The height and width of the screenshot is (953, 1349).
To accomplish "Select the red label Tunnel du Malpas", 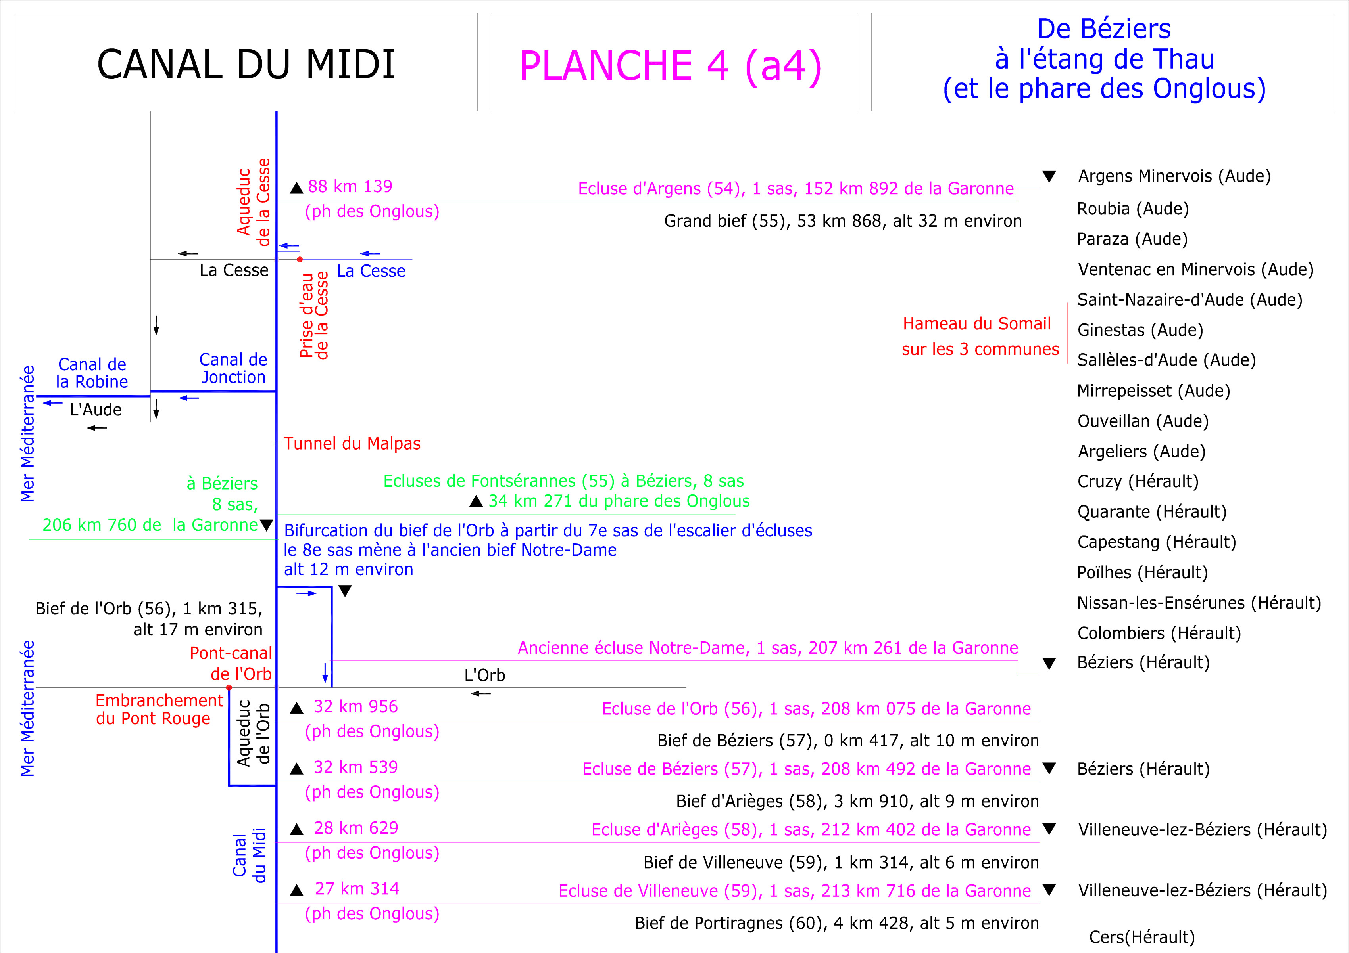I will (x=352, y=443).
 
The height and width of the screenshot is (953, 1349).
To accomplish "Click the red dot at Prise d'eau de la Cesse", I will (x=300, y=259).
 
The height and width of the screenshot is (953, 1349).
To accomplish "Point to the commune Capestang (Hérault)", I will (x=1156, y=542).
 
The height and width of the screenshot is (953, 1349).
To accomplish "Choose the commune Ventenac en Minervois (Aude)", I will (x=1195, y=270).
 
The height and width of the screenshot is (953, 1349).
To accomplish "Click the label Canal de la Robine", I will (x=92, y=373).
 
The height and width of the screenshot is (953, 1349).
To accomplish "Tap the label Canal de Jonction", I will (x=233, y=368).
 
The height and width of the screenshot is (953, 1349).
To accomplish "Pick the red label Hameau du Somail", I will (x=976, y=323).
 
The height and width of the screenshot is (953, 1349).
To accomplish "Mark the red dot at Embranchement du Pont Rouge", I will (x=229, y=687).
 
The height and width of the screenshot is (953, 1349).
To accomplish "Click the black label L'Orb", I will (x=484, y=675).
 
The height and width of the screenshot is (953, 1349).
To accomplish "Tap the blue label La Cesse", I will (x=371, y=271).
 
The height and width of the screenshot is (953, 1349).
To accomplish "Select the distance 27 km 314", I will (x=357, y=888).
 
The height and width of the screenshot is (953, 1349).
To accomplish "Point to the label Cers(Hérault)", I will (x=1141, y=937).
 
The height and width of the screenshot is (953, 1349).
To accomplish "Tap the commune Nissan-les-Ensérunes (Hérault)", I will (x=1199, y=603).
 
